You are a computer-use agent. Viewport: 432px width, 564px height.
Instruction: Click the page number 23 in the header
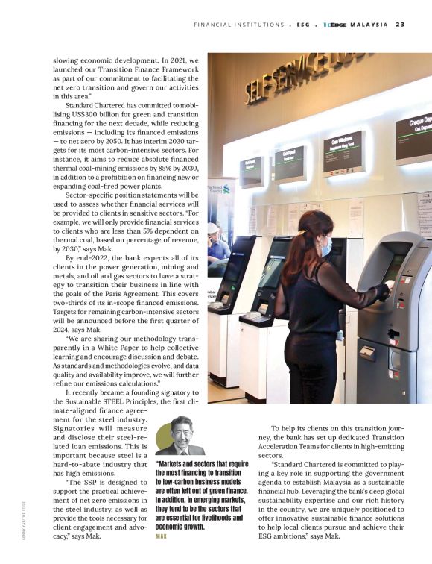coord(400,25)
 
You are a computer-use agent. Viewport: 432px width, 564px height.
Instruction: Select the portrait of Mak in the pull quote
coord(181,436)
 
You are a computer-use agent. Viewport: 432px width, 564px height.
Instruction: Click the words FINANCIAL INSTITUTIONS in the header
coord(238,25)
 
